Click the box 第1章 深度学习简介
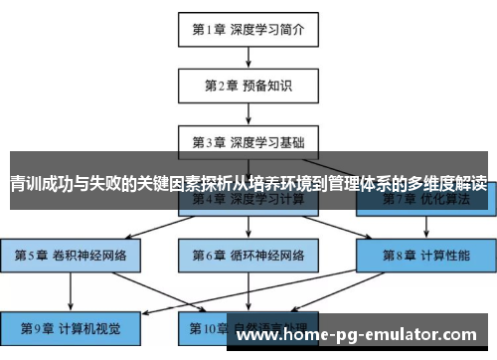[248, 29]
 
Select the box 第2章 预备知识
[248, 85]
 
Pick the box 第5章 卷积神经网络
[71, 256]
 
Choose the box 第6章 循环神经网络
[248, 256]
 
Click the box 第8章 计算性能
[426, 256]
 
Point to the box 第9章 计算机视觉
[71, 325]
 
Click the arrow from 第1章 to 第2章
[248, 57]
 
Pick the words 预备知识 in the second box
[267, 85]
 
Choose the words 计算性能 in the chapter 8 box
[446, 256]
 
